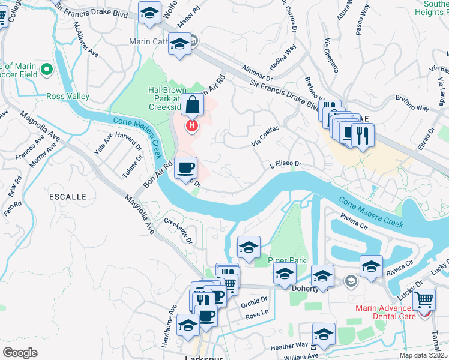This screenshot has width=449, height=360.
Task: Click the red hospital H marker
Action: (192, 126)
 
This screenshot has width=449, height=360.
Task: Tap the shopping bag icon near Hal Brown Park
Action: (193, 106)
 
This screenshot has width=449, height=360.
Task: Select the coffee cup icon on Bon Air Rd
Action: (185, 167)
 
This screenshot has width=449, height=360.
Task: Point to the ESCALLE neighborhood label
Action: (69, 196)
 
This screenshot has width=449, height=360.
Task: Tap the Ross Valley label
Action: (68, 96)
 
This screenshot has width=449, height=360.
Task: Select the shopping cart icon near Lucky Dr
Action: (424, 299)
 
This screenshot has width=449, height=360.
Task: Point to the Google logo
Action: (20, 352)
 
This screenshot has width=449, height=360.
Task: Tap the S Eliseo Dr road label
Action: (285, 163)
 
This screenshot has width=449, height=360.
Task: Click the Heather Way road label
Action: (290, 346)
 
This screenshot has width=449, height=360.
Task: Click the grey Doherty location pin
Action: (351, 280)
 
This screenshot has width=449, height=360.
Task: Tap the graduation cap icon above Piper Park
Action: (249, 247)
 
